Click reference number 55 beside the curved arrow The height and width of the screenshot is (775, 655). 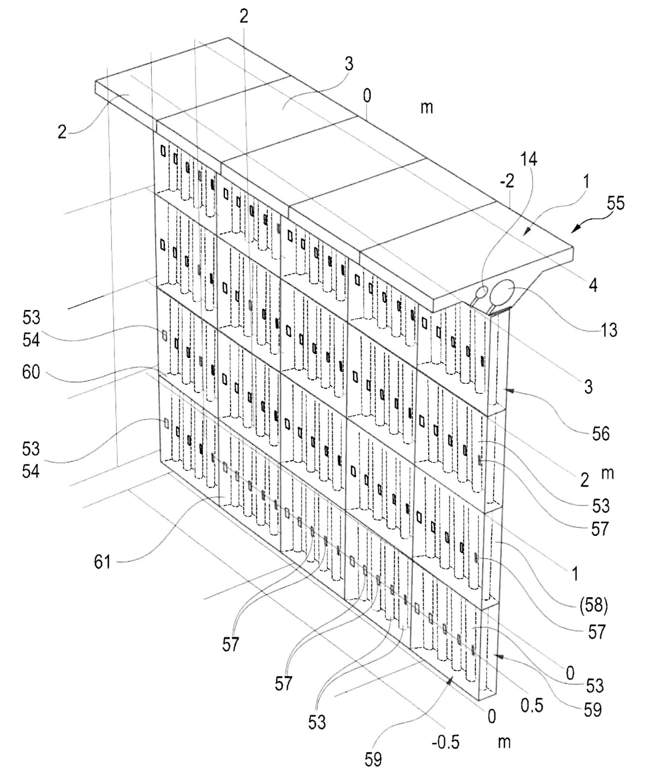tap(616, 204)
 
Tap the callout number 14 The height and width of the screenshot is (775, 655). tap(528, 159)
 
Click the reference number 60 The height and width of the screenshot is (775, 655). tap(31, 372)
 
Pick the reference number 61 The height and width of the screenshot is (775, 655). tap(103, 562)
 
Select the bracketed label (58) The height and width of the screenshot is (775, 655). tap(593, 606)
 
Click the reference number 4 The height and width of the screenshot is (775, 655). tap(593, 285)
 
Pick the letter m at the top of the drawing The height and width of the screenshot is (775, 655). tap(427, 108)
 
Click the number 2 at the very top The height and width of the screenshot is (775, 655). tap(243, 16)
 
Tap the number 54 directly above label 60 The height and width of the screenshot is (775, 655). tap(31, 339)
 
